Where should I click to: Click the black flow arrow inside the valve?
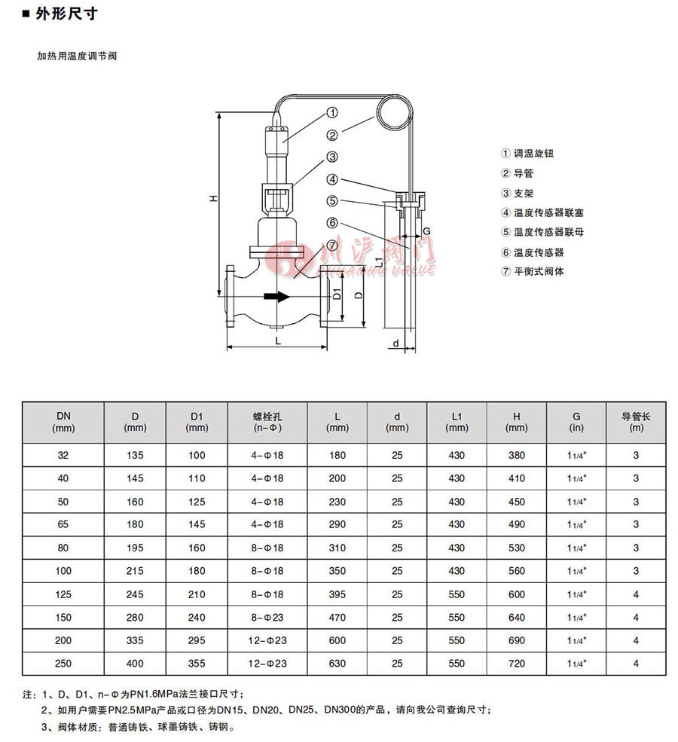(276, 297)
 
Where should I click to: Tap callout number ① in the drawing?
(332, 113)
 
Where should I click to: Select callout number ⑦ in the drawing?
(332, 246)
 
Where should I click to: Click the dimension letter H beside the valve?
(213, 198)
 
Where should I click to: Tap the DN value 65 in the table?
(62, 524)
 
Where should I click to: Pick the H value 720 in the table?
(516, 664)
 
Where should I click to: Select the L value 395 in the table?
(337, 594)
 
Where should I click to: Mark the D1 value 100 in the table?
(197, 455)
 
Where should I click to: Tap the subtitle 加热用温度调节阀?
(78, 56)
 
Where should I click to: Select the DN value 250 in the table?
(62, 664)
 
